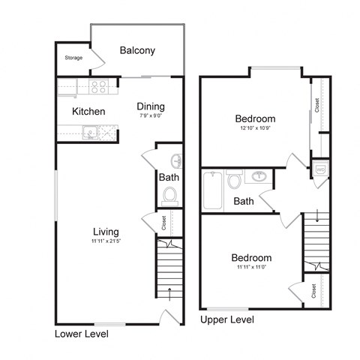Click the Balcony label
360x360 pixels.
coord(137,51)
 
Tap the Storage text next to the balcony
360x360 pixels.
coord(73,58)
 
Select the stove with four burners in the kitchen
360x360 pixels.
coord(99,86)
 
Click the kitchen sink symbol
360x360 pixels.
coord(90,133)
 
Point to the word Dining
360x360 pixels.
coord(151,106)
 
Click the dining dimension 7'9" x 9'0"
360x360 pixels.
coord(151,115)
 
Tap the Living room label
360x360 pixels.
coord(106,231)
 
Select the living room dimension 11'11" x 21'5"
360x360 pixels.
coord(106,241)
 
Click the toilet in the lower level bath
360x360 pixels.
coord(169,195)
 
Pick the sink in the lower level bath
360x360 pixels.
coord(176,160)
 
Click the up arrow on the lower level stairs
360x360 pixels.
coord(170,292)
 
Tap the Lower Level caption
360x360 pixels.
coord(82,333)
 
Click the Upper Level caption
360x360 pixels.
coord(227,319)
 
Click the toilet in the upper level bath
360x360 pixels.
coord(234,180)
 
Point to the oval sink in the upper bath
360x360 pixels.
coord(259,177)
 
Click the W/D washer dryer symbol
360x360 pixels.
coord(320,169)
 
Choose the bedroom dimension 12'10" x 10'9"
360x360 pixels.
coord(255,129)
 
